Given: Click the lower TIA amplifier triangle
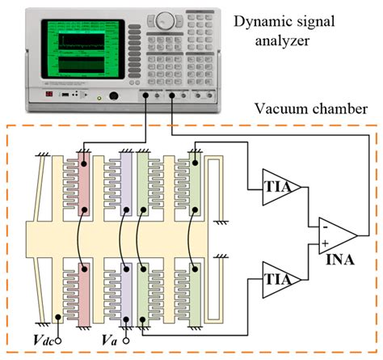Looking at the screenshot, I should pos(280,277).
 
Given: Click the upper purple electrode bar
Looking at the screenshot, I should pos(125,183).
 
